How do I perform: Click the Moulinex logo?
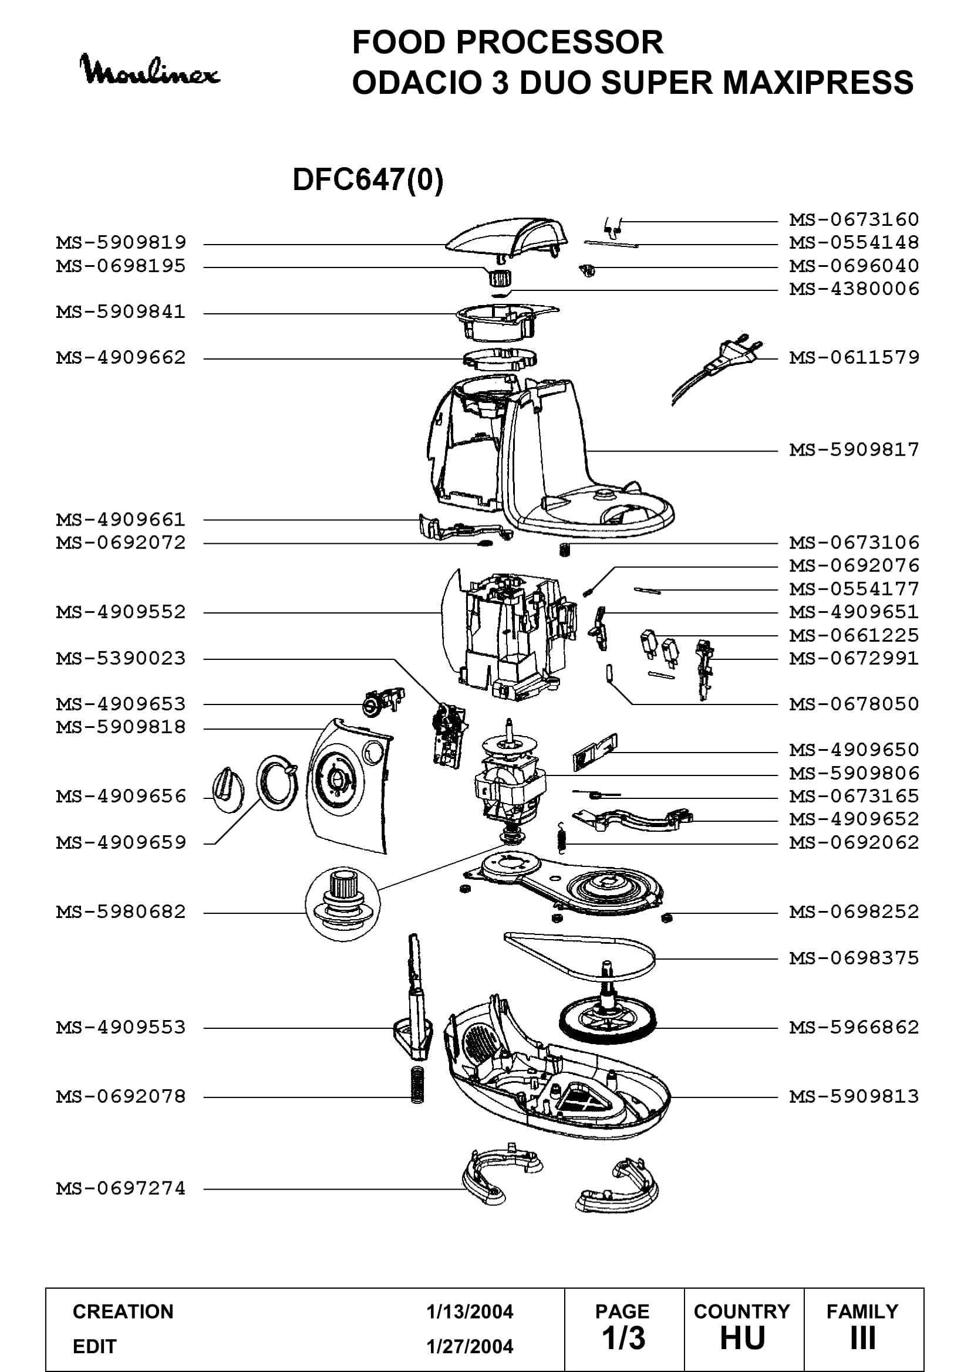pyautogui.click(x=150, y=70)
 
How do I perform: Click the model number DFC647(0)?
pyautogui.click(x=368, y=179)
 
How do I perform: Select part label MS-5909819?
pyautogui.click(x=122, y=243)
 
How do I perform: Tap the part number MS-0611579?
pyautogui.click(x=854, y=357)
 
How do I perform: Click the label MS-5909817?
pyautogui.click(x=854, y=449)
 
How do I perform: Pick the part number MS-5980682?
pyautogui.click(x=122, y=912)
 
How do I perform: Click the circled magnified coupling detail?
pyautogui.click(x=343, y=904)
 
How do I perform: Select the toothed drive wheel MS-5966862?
pyautogui.click(x=608, y=1017)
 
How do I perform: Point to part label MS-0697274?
pyautogui.click(x=122, y=1188)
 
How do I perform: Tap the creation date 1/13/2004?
pyautogui.click(x=470, y=1312)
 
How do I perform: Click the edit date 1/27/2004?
pyautogui.click(x=470, y=1346)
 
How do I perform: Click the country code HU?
pyautogui.click(x=743, y=1338)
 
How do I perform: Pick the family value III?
pyautogui.click(x=863, y=1338)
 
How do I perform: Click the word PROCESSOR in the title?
pyautogui.click(x=559, y=42)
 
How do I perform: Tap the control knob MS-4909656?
pyautogui.click(x=228, y=789)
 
